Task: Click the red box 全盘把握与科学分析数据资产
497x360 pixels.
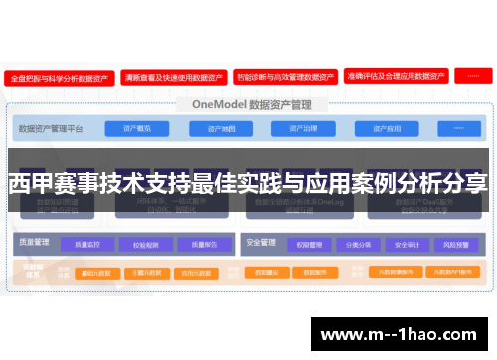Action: click(x=59, y=76)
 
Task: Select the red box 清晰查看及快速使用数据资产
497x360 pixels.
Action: click(x=172, y=76)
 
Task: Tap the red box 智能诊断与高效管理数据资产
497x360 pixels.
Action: click(x=284, y=76)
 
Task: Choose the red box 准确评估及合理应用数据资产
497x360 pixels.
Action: click(x=395, y=76)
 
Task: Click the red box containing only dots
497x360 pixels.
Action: click(x=471, y=76)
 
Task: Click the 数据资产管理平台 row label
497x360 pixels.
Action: click(x=53, y=129)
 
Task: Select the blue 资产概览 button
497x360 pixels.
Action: click(x=137, y=129)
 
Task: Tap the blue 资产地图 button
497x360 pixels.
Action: click(x=221, y=129)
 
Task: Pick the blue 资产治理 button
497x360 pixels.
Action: click(x=302, y=129)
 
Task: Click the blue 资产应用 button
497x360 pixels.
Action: click(x=387, y=129)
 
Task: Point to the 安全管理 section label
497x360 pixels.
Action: click(x=259, y=241)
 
